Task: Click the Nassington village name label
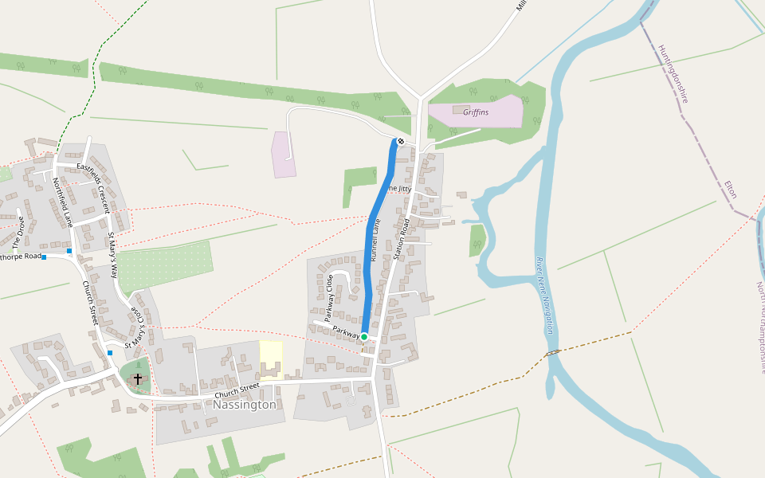245,405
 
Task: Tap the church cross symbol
138,378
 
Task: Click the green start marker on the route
364,337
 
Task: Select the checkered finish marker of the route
400,142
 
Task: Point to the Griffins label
476,112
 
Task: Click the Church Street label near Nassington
237,387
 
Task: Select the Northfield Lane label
63,202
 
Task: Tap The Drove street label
18,232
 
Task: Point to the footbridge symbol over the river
552,351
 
